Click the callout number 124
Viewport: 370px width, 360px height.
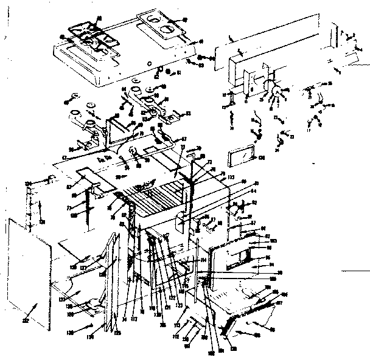[x=28, y=182]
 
